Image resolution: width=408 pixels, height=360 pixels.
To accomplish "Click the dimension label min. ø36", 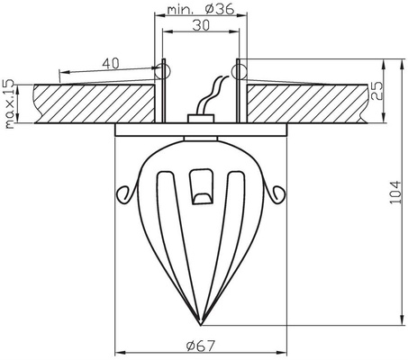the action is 201,10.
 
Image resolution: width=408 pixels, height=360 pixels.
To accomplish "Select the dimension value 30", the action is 201,25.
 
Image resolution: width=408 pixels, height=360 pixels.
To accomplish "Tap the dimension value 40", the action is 111,63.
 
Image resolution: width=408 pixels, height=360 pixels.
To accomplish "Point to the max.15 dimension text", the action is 10,103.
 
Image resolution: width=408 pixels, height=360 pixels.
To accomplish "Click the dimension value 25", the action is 376,91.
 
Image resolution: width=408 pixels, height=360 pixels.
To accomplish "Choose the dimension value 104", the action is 395,193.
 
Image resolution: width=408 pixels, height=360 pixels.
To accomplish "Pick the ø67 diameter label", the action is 201,346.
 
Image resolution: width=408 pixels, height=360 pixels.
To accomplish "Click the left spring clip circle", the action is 162,71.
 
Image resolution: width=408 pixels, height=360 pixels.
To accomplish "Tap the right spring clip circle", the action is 239,71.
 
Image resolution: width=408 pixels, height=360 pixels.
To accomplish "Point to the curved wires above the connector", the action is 211,95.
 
